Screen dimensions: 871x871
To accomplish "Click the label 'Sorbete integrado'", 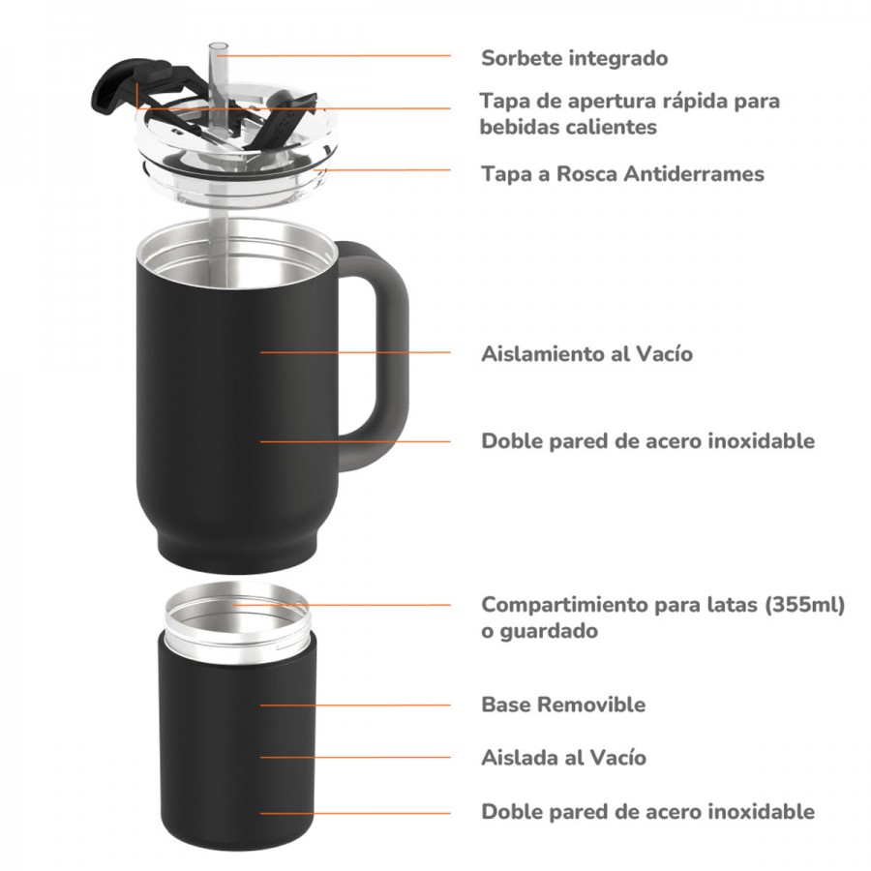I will point(574,58).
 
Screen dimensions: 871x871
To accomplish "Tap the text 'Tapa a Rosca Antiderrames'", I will point(622,174).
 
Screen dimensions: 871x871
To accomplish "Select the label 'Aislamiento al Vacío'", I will point(586,354).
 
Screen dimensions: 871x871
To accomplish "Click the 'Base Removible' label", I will point(563,705).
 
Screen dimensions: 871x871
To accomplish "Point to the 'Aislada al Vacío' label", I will point(563,758).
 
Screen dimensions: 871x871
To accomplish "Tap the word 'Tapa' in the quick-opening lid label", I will point(503,101).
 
